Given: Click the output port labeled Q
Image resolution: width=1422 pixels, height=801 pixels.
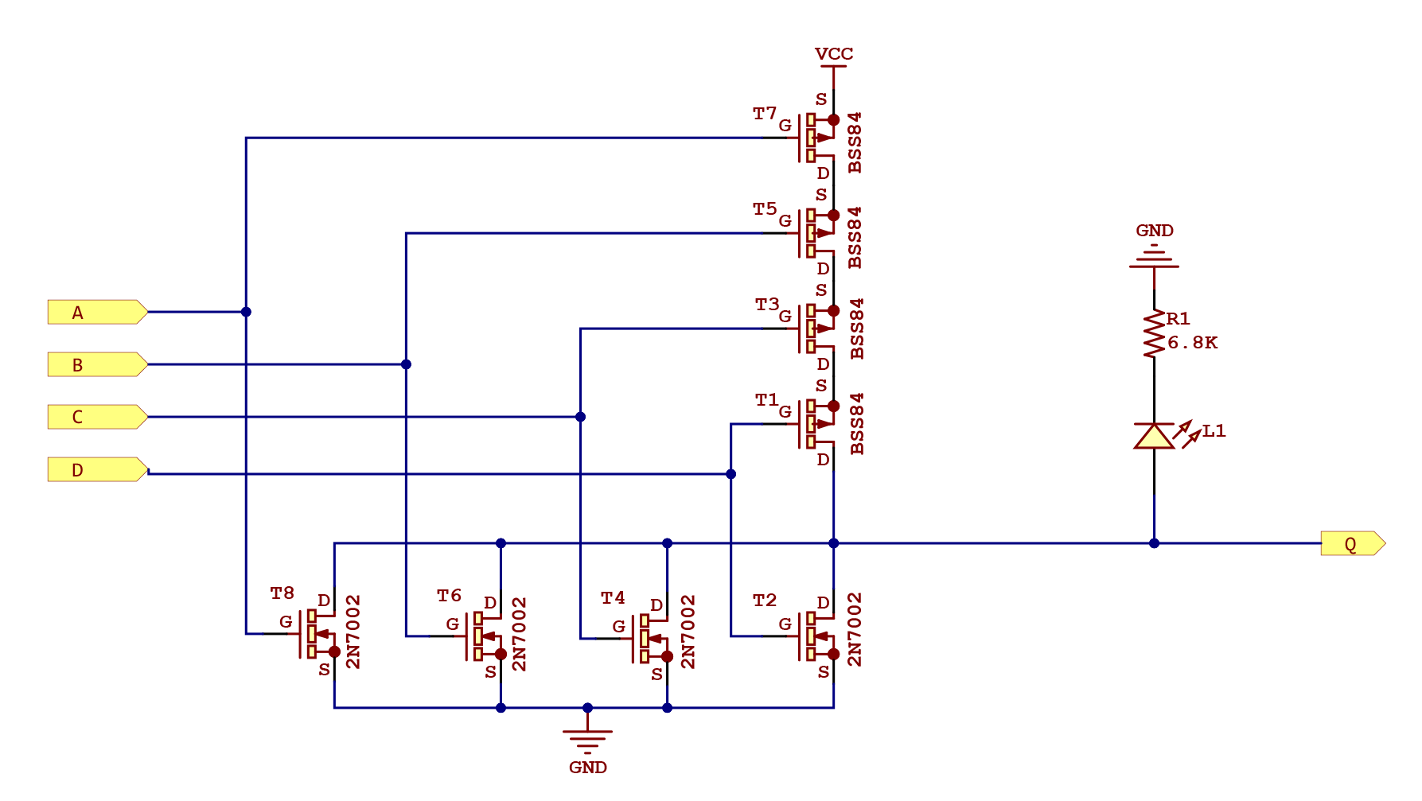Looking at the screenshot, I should point(1352,543).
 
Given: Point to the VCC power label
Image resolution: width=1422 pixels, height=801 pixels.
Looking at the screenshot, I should point(833,54).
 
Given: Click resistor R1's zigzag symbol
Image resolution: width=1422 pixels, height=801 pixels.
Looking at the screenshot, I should point(1154,334).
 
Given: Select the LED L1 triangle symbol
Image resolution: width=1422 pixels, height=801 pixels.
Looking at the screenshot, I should point(1154,436).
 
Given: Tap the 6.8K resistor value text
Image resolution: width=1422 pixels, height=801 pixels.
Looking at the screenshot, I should point(1192,343).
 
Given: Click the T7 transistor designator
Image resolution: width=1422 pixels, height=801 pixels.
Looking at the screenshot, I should point(764,114).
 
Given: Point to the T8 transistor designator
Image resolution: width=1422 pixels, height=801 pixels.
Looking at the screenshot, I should point(282,593).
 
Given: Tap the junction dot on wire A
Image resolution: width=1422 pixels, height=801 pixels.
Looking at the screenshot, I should point(246,312).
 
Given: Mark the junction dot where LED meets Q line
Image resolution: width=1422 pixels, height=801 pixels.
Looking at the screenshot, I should point(1154,543).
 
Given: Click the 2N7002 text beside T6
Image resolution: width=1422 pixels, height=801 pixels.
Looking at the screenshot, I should point(519,634).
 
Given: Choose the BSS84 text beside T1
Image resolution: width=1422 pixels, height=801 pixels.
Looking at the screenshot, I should point(856,424).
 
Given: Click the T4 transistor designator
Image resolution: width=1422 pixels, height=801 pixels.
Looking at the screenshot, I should point(612,598).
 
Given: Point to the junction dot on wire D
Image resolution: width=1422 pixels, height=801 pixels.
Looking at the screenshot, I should point(730,474).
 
